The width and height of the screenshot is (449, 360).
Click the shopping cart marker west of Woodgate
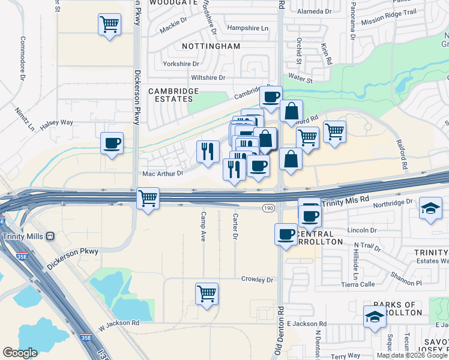(x=109, y=25)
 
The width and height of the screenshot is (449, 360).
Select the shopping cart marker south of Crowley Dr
(x=206, y=293)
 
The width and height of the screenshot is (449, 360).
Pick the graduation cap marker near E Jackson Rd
(x=375, y=316)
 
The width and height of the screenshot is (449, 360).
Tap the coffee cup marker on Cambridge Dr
(x=271, y=96)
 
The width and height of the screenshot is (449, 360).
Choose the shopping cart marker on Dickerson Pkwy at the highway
(x=148, y=198)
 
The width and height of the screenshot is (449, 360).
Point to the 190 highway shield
(x=268, y=208)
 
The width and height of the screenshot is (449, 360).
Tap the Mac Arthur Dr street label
(x=162, y=173)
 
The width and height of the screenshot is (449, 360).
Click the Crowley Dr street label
(x=257, y=280)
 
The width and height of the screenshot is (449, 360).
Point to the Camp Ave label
(x=203, y=226)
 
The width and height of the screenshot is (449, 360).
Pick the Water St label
(x=301, y=79)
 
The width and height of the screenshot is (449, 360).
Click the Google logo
(x=20, y=352)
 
